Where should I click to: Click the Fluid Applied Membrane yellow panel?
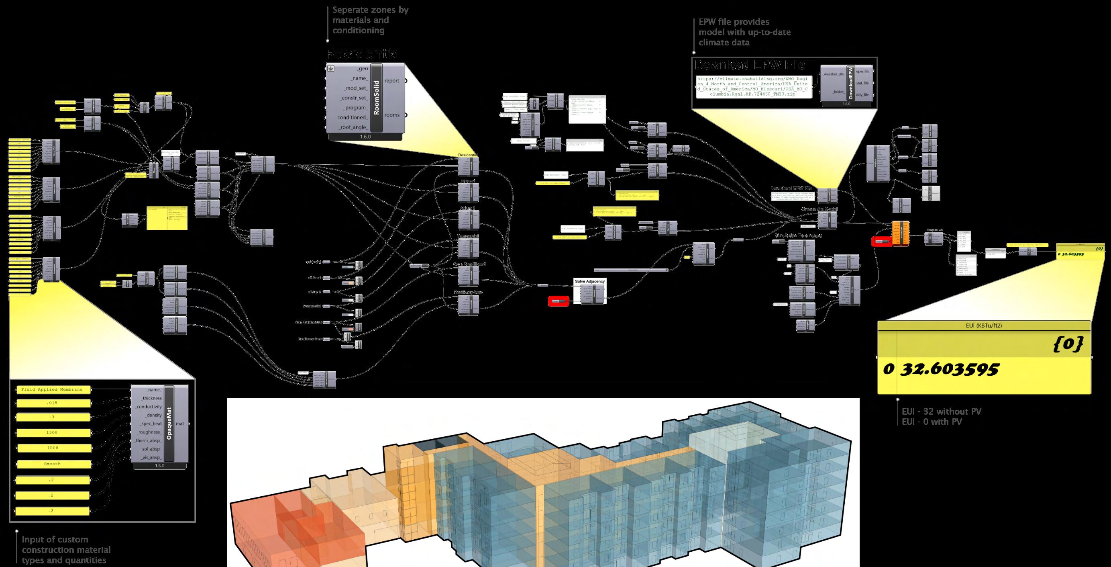point(54,390)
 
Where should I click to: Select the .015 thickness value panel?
point(54,403)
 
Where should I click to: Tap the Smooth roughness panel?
point(54,464)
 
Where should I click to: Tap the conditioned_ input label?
point(353,117)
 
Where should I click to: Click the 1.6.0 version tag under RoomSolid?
point(365,137)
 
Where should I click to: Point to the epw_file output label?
point(859,71)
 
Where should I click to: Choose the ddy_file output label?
point(859,94)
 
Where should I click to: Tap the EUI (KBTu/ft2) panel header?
point(984,326)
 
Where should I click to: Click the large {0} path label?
point(1066,344)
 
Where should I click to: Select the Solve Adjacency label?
point(589,281)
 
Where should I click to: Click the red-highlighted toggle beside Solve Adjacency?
point(558,301)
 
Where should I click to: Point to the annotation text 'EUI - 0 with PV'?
point(932,422)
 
